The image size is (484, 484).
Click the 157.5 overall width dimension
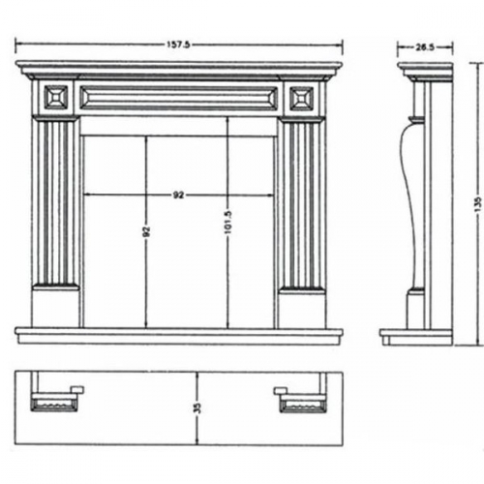178,45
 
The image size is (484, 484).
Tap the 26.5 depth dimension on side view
425,47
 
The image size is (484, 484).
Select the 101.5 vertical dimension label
227,222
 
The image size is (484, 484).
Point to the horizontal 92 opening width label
178,195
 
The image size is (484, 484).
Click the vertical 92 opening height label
147,231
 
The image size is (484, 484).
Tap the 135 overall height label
478,204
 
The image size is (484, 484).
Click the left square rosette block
56,97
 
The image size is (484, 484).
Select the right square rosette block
302,98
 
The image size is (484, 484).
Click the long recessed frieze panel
178,97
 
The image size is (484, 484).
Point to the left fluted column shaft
56,203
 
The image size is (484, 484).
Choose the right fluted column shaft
302,205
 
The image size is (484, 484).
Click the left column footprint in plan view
55,403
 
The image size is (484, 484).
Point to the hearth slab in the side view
416,337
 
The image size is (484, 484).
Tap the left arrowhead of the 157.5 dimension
17,45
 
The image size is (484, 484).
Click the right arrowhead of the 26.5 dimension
450,47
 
